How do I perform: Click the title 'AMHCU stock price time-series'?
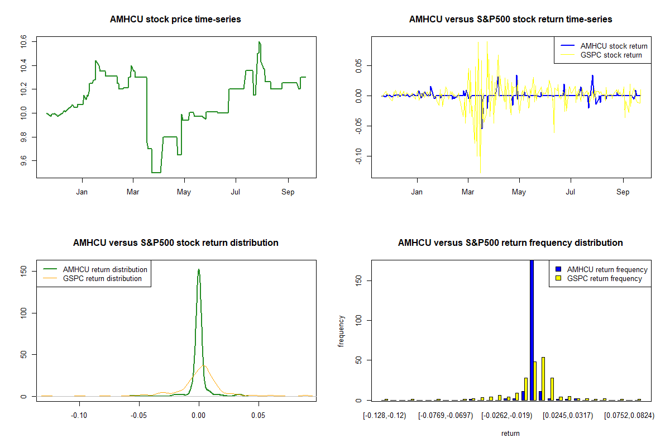(x=175, y=20)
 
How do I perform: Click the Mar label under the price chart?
(x=133, y=192)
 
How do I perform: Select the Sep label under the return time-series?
(x=623, y=192)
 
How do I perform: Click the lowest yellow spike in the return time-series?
(x=480, y=172)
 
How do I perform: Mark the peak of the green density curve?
(x=198, y=269)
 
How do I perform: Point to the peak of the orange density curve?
(x=204, y=365)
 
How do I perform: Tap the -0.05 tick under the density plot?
(x=139, y=416)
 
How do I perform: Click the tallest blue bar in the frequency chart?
(x=532, y=330)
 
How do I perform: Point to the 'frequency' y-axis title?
(x=342, y=331)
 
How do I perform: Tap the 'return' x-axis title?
(x=510, y=433)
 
